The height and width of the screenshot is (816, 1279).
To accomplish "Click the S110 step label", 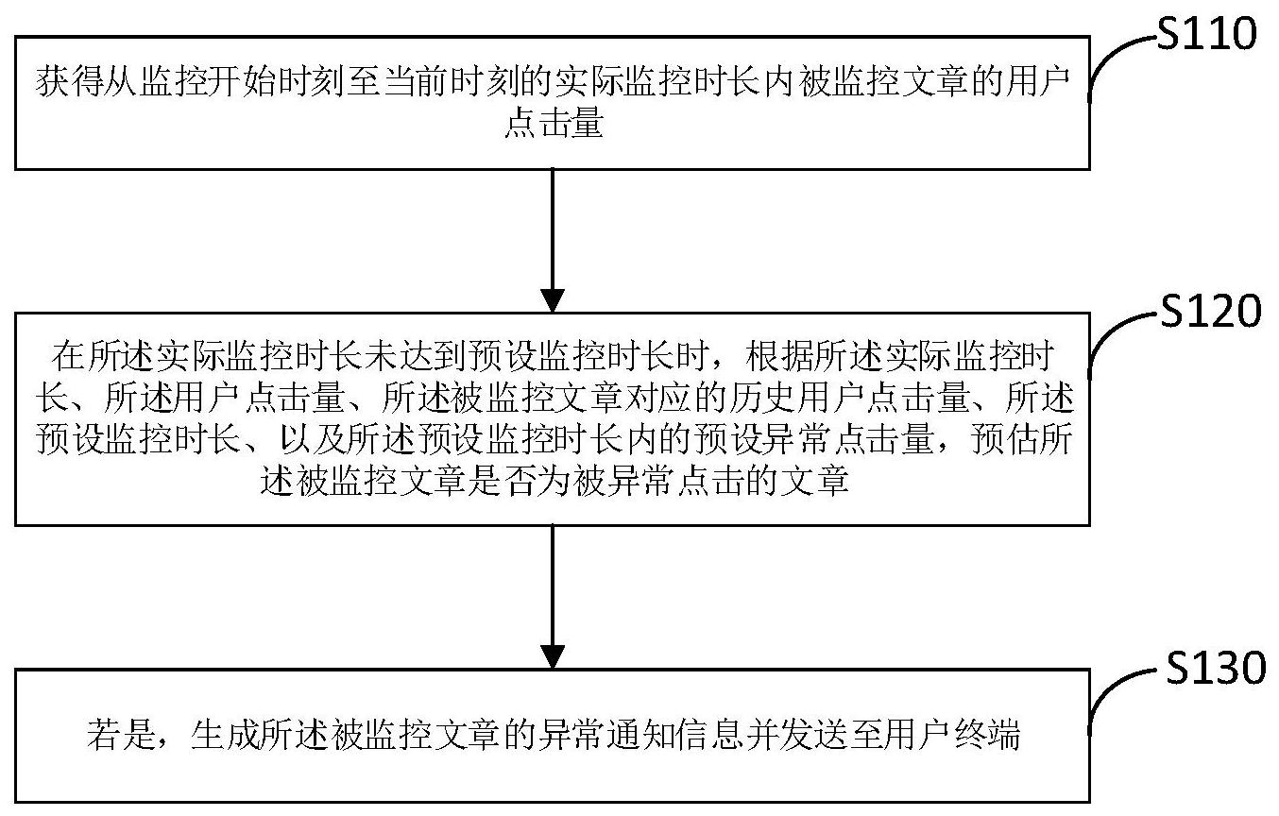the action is [1207, 33].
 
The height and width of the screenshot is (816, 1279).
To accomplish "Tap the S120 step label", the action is [1211, 312].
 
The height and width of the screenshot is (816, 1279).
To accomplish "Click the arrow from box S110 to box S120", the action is [553, 241].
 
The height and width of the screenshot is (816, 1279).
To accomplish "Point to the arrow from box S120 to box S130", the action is [553, 597].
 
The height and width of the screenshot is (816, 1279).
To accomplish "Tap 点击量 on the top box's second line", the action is [554, 123].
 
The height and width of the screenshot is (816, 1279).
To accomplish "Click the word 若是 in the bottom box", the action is [121, 735].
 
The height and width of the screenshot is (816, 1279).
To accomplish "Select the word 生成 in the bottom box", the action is [225, 735].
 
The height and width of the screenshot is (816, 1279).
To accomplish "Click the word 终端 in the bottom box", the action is [987, 735].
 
